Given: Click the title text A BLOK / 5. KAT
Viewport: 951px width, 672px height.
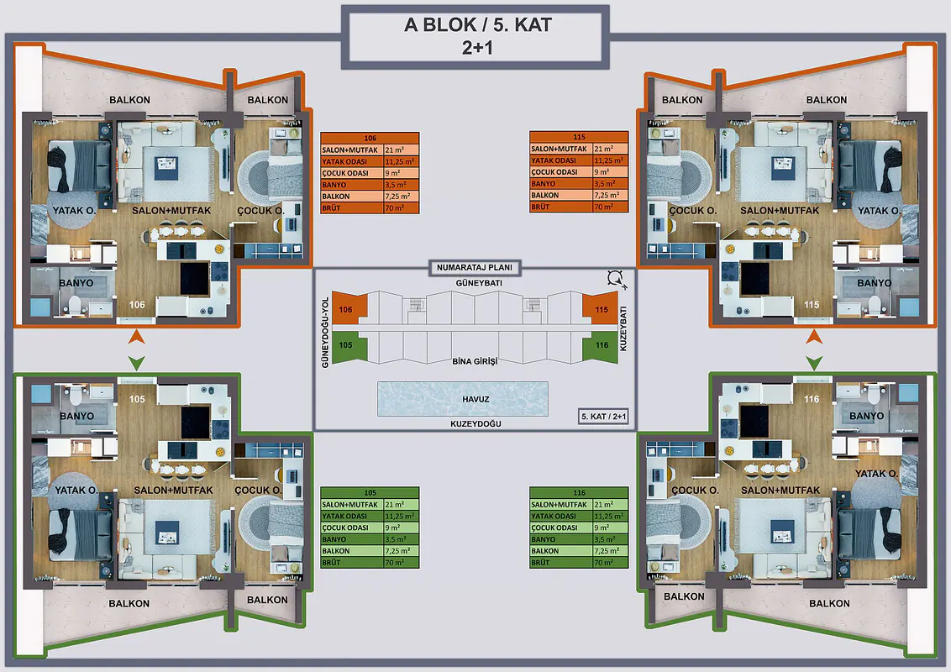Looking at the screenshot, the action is pyautogui.click(x=478, y=25).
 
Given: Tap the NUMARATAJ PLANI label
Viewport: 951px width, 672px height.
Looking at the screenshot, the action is pyautogui.click(x=475, y=267).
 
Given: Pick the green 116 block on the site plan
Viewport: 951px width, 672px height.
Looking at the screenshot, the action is pyautogui.click(x=600, y=346).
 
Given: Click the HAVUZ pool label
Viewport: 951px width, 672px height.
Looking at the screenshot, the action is pyautogui.click(x=475, y=399).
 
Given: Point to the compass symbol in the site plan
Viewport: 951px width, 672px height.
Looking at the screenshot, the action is pyautogui.click(x=616, y=279).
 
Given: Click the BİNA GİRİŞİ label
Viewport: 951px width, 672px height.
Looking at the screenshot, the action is pyautogui.click(x=475, y=361).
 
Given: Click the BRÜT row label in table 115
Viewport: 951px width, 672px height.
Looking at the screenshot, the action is pyautogui.click(x=540, y=207).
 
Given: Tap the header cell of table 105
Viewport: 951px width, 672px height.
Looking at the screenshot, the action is pyautogui.click(x=370, y=492).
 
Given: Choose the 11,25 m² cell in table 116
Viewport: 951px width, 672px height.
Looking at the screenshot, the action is pyautogui.click(x=610, y=516).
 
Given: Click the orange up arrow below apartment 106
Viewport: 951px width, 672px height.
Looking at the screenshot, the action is pyautogui.click(x=136, y=337).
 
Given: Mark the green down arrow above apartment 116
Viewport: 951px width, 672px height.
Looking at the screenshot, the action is pyautogui.click(x=814, y=363).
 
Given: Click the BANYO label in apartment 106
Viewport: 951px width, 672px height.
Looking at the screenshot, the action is pyautogui.click(x=76, y=282).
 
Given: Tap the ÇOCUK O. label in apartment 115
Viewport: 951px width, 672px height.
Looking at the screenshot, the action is pyautogui.click(x=692, y=211).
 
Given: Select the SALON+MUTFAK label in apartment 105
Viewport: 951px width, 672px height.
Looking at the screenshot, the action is pyautogui.click(x=173, y=490).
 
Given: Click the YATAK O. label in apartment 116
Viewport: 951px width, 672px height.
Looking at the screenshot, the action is pyautogui.click(x=876, y=474).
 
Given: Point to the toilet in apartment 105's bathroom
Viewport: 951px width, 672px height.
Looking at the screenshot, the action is pyautogui.click(x=76, y=395).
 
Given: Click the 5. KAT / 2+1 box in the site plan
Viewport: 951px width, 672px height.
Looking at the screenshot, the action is pyautogui.click(x=603, y=417).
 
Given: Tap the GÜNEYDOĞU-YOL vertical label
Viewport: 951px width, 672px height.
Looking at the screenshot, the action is pyautogui.click(x=325, y=333).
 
